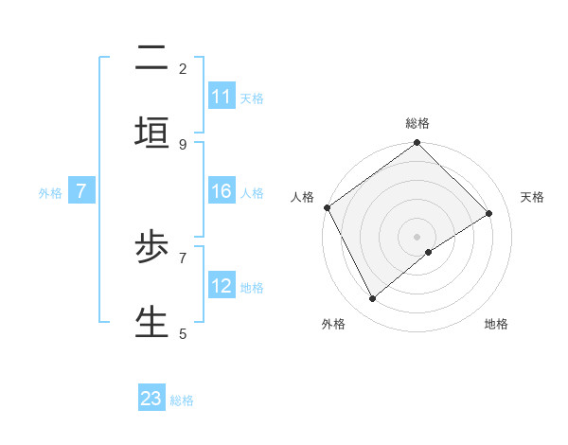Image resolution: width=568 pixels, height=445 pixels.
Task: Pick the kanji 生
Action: click(151, 321)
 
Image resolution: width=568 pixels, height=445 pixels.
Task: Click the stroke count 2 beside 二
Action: click(183, 68)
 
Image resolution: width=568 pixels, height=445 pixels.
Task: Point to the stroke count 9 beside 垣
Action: click(183, 144)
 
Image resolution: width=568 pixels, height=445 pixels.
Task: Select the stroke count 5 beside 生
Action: click(183, 333)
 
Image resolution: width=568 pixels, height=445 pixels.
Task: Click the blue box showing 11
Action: click(222, 97)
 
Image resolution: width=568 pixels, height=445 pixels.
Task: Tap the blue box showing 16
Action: click(222, 191)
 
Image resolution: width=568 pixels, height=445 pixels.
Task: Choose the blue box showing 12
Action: click(222, 286)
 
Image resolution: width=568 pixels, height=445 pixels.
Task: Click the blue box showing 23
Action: click(151, 399)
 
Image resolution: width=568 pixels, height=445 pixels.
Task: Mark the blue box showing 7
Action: click(81, 191)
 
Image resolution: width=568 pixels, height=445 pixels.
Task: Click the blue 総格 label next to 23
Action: click(182, 400)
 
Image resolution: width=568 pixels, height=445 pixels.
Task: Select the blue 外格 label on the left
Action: click(50, 193)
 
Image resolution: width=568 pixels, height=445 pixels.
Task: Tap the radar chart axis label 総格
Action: click(417, 123)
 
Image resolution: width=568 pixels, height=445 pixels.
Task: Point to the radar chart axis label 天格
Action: click(532, 197)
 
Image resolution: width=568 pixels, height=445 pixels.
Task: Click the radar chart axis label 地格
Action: click(496, 324)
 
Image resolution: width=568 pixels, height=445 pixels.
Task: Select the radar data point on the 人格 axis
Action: click(328, 207)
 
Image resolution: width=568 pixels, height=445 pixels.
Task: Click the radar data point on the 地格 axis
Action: click(429, 252)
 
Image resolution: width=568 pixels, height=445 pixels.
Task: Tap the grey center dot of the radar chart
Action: click(417, 236)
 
